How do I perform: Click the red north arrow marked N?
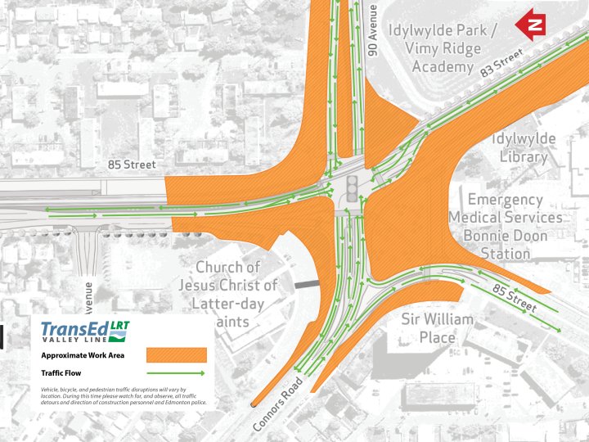pos(531,24)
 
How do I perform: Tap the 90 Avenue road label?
pos(372,29)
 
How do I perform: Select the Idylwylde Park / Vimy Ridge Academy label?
pos(442,48)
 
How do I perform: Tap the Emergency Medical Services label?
pos(506,208)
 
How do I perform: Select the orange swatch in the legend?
pos(176,355)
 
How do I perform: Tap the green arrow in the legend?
pos(176,372)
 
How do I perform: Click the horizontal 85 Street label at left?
pos(132,165)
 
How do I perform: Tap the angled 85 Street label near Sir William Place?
pos(512,297)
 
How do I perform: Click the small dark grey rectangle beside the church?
pos(308,283)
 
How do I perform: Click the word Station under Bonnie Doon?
pos(506,253)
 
